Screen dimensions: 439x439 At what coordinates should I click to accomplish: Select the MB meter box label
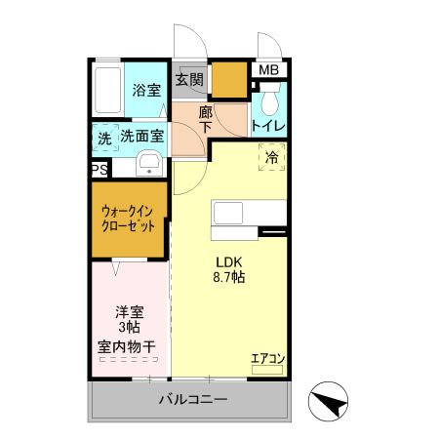pyautogui.click(x=268, y=70)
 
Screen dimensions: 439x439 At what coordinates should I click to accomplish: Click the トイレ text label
pyautogui.click(x=267, y=125)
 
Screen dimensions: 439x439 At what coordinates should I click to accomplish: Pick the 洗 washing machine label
pyautogui.click(x=104, y=140)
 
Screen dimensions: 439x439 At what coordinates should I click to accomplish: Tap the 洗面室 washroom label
pyautogui.click(x=141, y=138)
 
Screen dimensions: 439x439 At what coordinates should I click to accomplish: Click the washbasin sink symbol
pyautogui.click(x=148, y=164)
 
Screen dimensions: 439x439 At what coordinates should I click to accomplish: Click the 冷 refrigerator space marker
pyautogui.click(x=271, y=155)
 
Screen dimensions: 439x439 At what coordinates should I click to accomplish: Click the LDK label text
pyautogui.click(x=229, y=260)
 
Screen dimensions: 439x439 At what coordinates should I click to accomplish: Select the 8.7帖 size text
pyautogui.click(x=229, y=278)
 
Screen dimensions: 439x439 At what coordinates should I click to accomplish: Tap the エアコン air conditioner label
pyautogui.click(x=266, y=358)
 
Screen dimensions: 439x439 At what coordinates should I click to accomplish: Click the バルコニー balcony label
pyautogui.click(x=194, y=400)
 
